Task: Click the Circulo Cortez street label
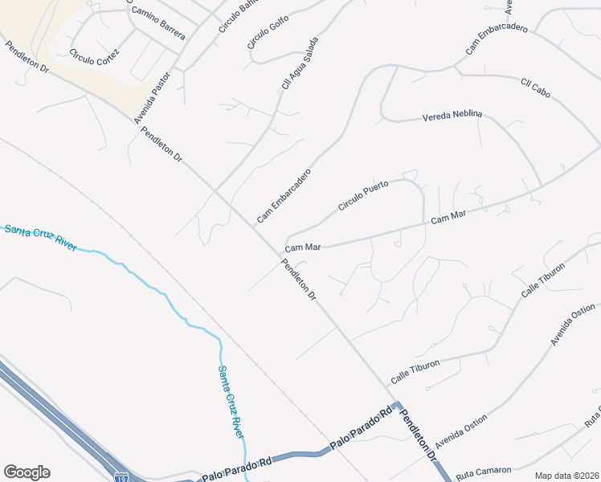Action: [x=94, y=57]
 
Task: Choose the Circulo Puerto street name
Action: [x=363, y=195]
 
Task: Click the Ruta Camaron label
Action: [x=479, y=475]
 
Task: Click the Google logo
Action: [x=27, y=472]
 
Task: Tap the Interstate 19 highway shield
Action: [x=121, y=476]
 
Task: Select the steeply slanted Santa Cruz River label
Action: [x=231, y=402]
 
